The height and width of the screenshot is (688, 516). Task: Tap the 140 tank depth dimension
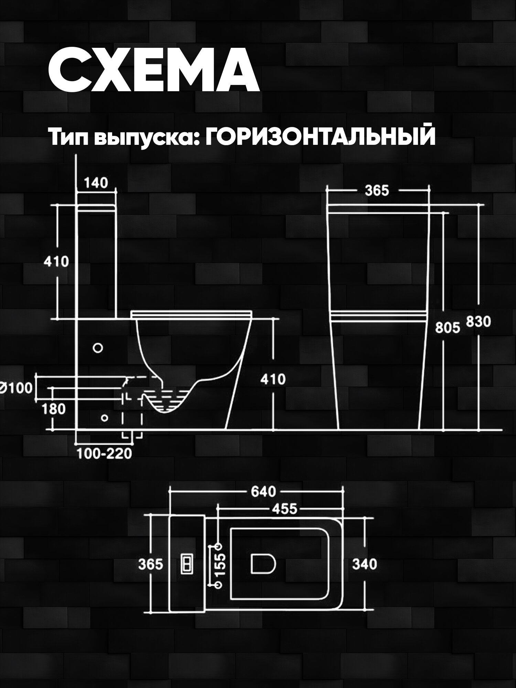(x=96, y=183)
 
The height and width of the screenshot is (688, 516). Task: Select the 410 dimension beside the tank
(x=56, y=261)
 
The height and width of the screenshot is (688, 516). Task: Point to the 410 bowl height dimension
(x=273, y=379)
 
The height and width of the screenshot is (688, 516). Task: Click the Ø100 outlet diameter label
(x=17, y=388)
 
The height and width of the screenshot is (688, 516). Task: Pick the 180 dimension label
(x=54, y=409)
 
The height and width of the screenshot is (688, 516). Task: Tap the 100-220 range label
(x=104, y=454)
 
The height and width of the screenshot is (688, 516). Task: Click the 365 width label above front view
(x=377, y=190)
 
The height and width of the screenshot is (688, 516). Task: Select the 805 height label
(x=447, y=328)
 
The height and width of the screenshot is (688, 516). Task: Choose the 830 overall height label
(x=478, y=322)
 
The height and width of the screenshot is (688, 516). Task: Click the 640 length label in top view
(x=263, y=492)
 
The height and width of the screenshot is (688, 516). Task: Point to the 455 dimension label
(x=284, y=509)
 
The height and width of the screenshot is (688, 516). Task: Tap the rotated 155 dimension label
(x=222, y=565)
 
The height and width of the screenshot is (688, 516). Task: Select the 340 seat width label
(x=365, y=564)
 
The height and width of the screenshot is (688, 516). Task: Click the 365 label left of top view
(x=150, y=565)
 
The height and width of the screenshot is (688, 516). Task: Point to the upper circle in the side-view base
(x=98, y=348)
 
